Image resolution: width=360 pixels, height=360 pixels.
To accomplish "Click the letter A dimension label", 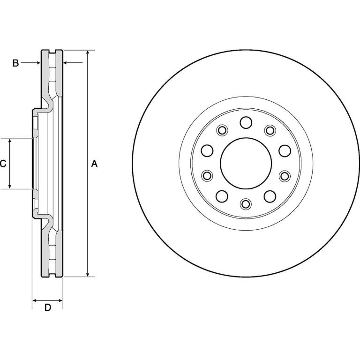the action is click(x=94, y=164).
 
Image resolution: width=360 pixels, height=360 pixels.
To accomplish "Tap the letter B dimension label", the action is click(x=15, y=63).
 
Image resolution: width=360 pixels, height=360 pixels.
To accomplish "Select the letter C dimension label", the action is click(x=3, y=164).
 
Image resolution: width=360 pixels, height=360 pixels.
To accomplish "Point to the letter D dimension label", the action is click(x=47, y=307).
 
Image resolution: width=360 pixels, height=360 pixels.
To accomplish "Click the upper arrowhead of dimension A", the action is click(x=88, y=52).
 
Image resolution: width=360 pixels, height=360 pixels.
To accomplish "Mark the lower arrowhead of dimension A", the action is click(x=88, y=274).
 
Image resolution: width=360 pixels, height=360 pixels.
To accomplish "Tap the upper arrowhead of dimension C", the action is click(x=10, y=141).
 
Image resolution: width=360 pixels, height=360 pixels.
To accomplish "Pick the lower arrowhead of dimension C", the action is click(x=10, y=186).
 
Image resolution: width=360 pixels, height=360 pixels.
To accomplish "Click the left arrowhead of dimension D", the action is click(x=35, y=300).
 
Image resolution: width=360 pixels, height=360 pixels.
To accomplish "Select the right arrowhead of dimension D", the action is click(x=60, y=300).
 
